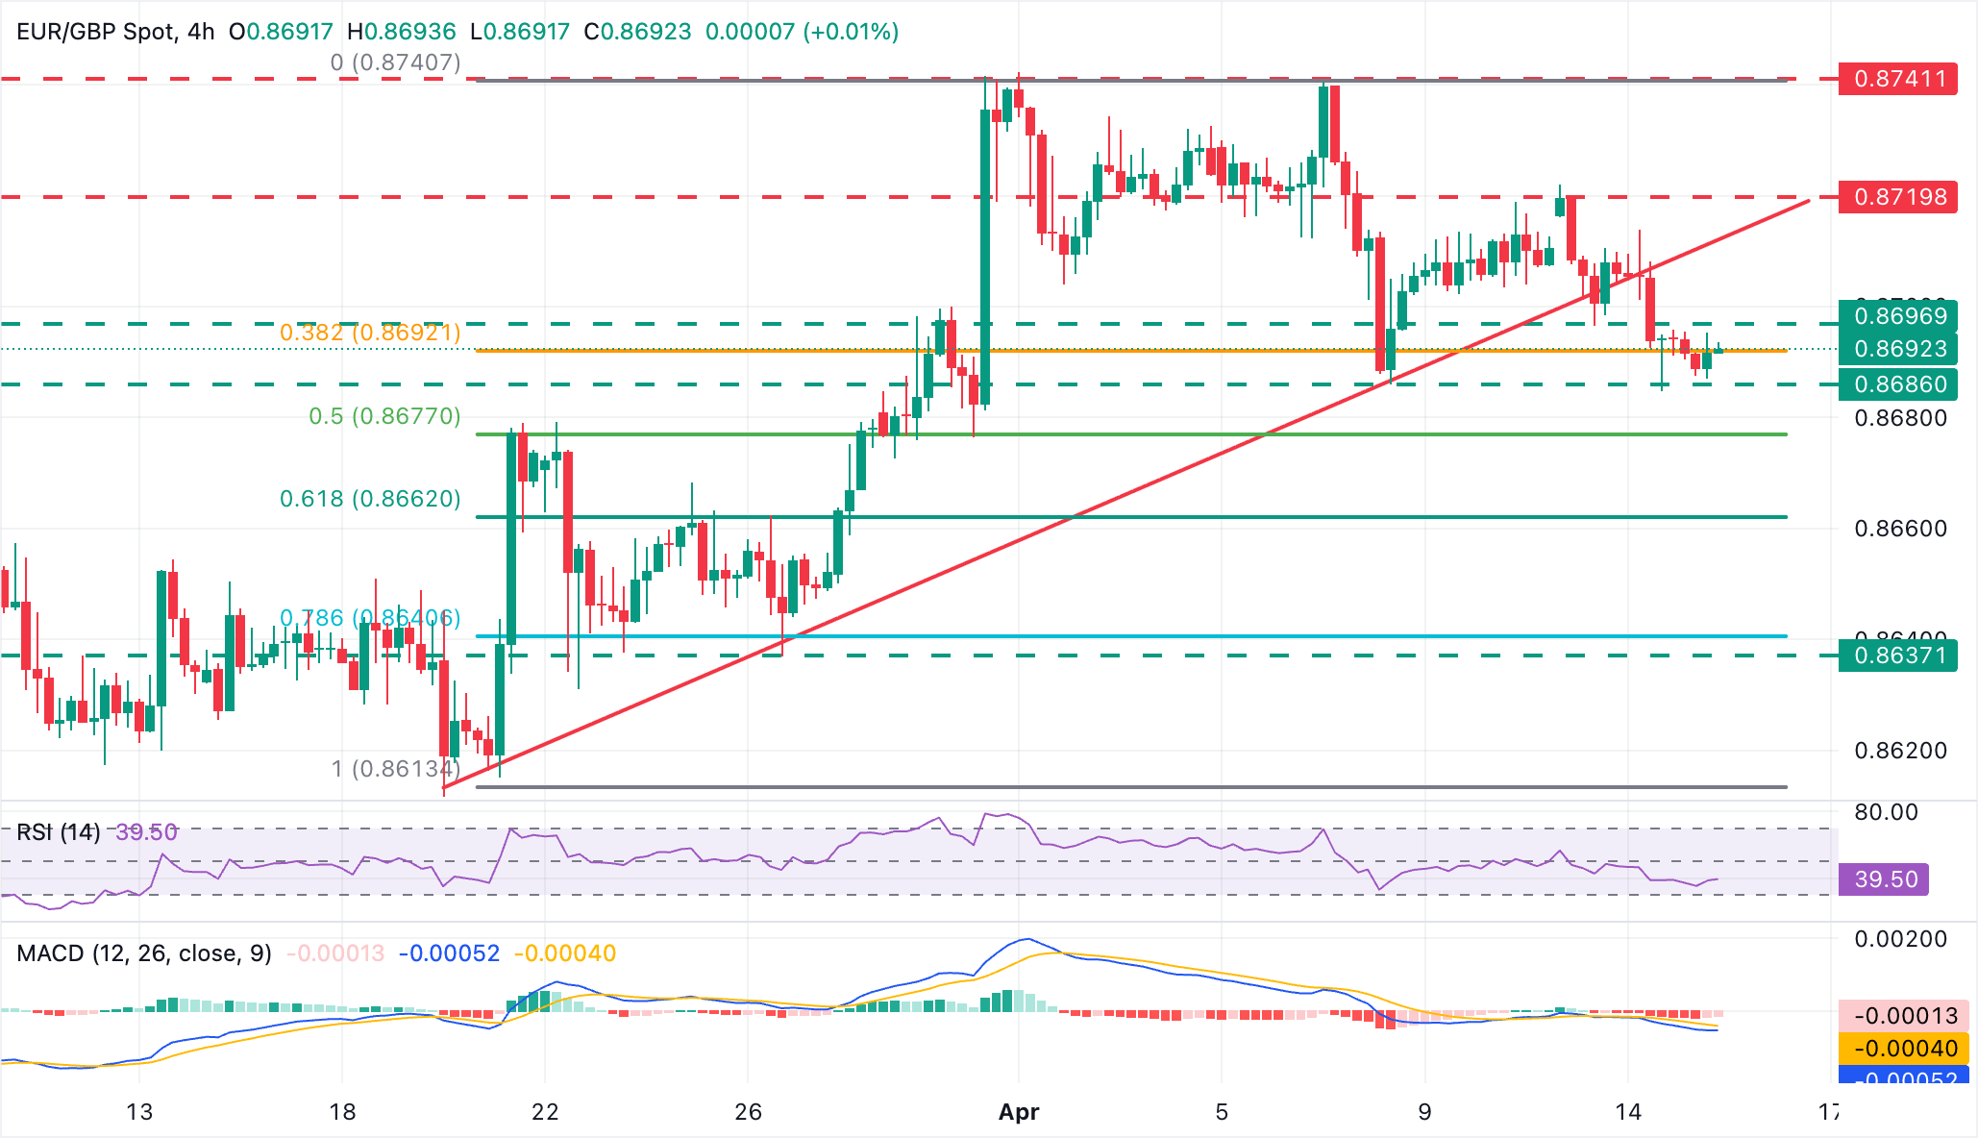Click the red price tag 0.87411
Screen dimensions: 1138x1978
click(x=1897, y=79)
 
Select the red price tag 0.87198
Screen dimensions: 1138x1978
click(x=1897, y=197)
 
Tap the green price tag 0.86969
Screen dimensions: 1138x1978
click(x=1897, y=315)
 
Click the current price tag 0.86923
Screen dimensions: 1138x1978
click(x=1897, y=349)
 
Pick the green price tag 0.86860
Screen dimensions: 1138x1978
click(x=1897, y=384)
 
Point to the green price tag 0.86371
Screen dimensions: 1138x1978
click(x=1897, y=656)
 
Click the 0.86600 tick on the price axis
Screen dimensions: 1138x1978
click(x=1900, y=529)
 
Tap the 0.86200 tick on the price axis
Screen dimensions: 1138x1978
click(x=1900, y=751)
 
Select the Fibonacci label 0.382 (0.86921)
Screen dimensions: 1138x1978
click(x=370, y=333)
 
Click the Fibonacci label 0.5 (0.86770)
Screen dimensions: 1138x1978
click(x=384, y=416)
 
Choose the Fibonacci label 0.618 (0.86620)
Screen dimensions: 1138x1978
click(x=370, y=499)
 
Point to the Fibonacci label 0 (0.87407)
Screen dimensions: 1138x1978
click(x=395, y=62)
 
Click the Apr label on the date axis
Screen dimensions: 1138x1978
click(x=1019, y=1112)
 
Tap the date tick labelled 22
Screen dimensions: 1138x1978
click(x=545, y=1112)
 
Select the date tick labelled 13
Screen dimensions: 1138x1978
click(x=139, y=1112)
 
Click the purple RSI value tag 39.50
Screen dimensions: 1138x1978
click(x=1883, y=879)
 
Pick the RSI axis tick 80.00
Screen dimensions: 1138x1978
click(x=1886, y=812)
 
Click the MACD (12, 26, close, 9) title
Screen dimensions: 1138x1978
click(x=144, y=953)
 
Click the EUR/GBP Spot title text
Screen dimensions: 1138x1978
click(x=96, y=32)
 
